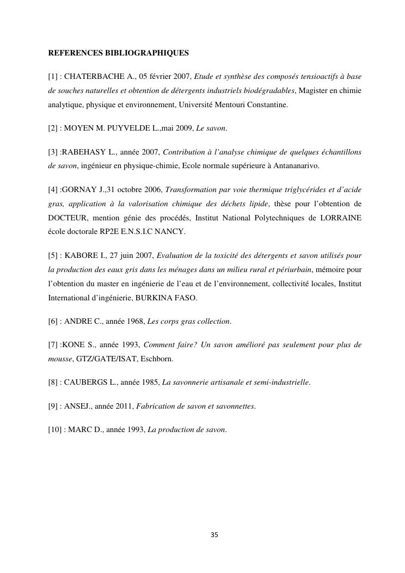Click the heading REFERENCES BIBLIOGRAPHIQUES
(119, 53)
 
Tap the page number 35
(214, 535)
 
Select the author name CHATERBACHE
(95, 77)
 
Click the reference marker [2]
(53, 128)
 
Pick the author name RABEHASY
(85, 152)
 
